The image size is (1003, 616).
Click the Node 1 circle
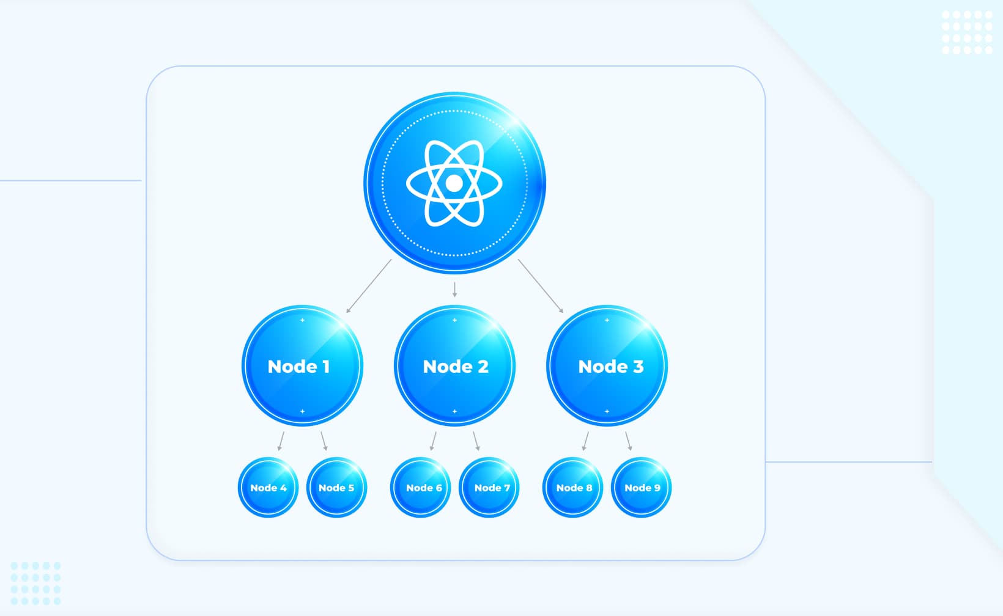(302, 365)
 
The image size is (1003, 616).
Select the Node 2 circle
(454, 365)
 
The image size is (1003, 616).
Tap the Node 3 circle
(607, 365)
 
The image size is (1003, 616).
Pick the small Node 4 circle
(268, 487)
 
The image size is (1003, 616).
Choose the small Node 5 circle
(336, 487)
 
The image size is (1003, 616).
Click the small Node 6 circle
(420, 487)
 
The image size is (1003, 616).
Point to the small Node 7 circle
(489, 487)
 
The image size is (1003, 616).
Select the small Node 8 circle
(572, 487)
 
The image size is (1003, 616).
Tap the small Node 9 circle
(641, 487)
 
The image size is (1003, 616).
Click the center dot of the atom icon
(454, 183)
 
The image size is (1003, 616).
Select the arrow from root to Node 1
(369, 286)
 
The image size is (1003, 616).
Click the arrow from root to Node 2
(454, 290)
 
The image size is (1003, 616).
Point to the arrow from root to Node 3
(541, 286)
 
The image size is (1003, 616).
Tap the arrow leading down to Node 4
(281, 441)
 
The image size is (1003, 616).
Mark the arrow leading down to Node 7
(476, 441)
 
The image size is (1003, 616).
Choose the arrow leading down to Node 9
(628, 441)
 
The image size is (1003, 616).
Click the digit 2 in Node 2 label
(483, 366)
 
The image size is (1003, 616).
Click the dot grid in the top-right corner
(967, 32)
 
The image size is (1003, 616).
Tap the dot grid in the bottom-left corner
(35, 584)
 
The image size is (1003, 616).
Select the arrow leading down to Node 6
(434, 441)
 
